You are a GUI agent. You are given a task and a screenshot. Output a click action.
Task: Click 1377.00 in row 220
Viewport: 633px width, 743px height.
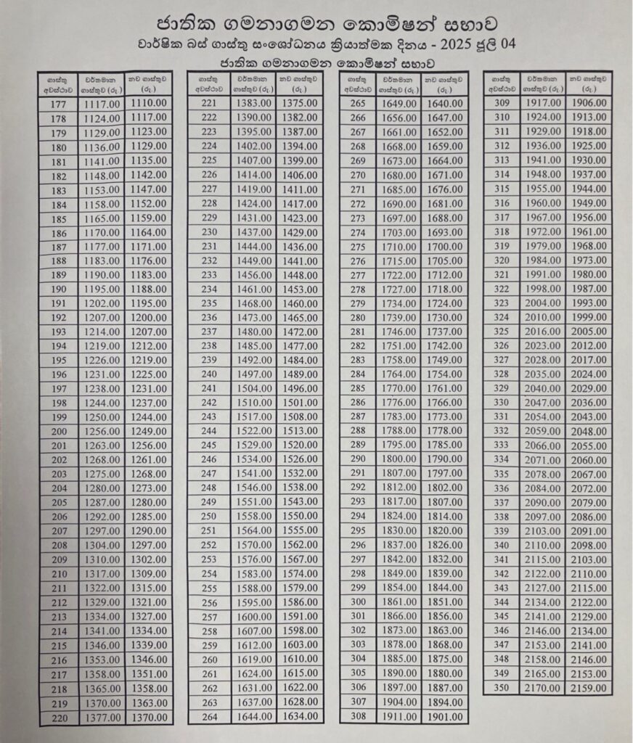point(102,718)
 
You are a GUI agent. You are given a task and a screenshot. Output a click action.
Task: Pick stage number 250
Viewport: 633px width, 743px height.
point(209,516)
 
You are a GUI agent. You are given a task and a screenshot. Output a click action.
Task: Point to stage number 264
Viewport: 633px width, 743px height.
point(209,717)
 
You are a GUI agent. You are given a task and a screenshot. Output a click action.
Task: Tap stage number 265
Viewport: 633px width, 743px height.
point(358,103)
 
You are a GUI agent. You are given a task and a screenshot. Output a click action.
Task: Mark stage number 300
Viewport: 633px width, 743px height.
point(358,602)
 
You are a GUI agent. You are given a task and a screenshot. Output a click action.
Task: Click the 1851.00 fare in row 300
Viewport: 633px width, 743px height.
point(445,602)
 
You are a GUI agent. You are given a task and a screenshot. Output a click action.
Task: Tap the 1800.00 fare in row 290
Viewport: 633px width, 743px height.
point(399,459)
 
